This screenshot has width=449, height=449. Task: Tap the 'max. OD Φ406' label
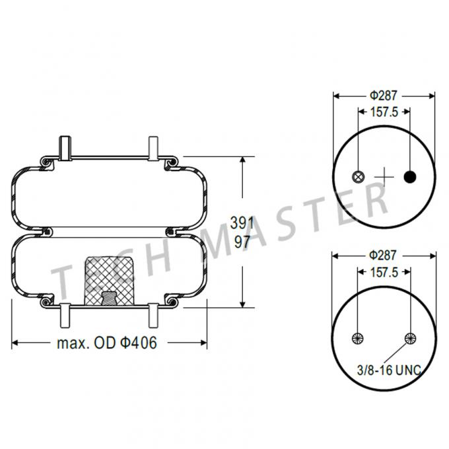tap(107, 343)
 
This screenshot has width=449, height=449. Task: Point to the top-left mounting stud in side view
tap(64, 148)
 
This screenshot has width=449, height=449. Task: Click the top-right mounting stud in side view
tap(153, 148)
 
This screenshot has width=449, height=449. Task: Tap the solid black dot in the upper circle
tap(410, 176)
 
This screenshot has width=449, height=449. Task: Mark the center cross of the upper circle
tap(384, 176)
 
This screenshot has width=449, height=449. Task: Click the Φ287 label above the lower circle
tap(384, 254)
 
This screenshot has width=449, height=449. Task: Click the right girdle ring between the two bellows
tap(172, 231)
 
